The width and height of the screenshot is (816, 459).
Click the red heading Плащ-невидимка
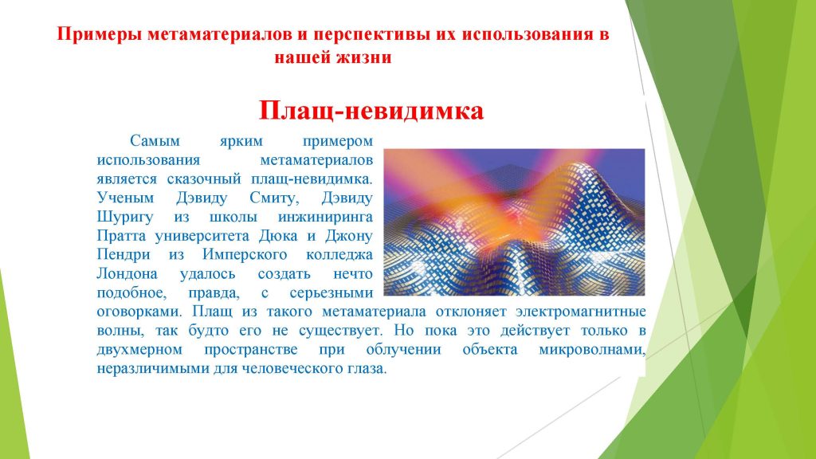point(371,111)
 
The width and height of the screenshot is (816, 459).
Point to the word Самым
point(155,141)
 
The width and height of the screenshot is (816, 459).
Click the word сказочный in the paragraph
point(204,179)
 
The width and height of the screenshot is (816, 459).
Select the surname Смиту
point(274,198)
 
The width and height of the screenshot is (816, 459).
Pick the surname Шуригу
point(125,217)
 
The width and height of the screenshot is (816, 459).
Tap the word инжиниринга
point(325,217)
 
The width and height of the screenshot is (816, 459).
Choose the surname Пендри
point(124,255)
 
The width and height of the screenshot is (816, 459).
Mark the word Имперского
point(245,255)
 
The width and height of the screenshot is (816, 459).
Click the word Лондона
point(127,274)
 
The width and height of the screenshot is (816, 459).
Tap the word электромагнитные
point(581,312)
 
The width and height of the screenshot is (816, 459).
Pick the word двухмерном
point(139,349)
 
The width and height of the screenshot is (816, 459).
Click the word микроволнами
point(592,349)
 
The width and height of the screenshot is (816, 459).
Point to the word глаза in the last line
point(367,368)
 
